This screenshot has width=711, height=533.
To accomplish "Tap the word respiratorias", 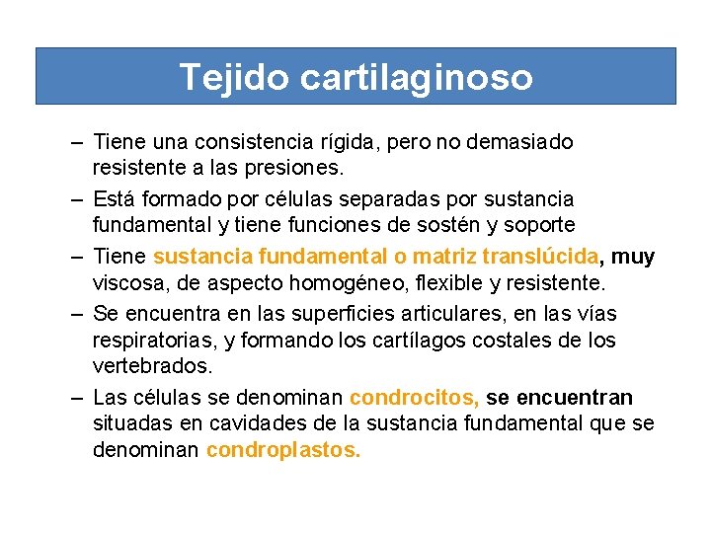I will pos(149,341).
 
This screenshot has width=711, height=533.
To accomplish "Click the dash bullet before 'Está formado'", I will pos(77,199).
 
